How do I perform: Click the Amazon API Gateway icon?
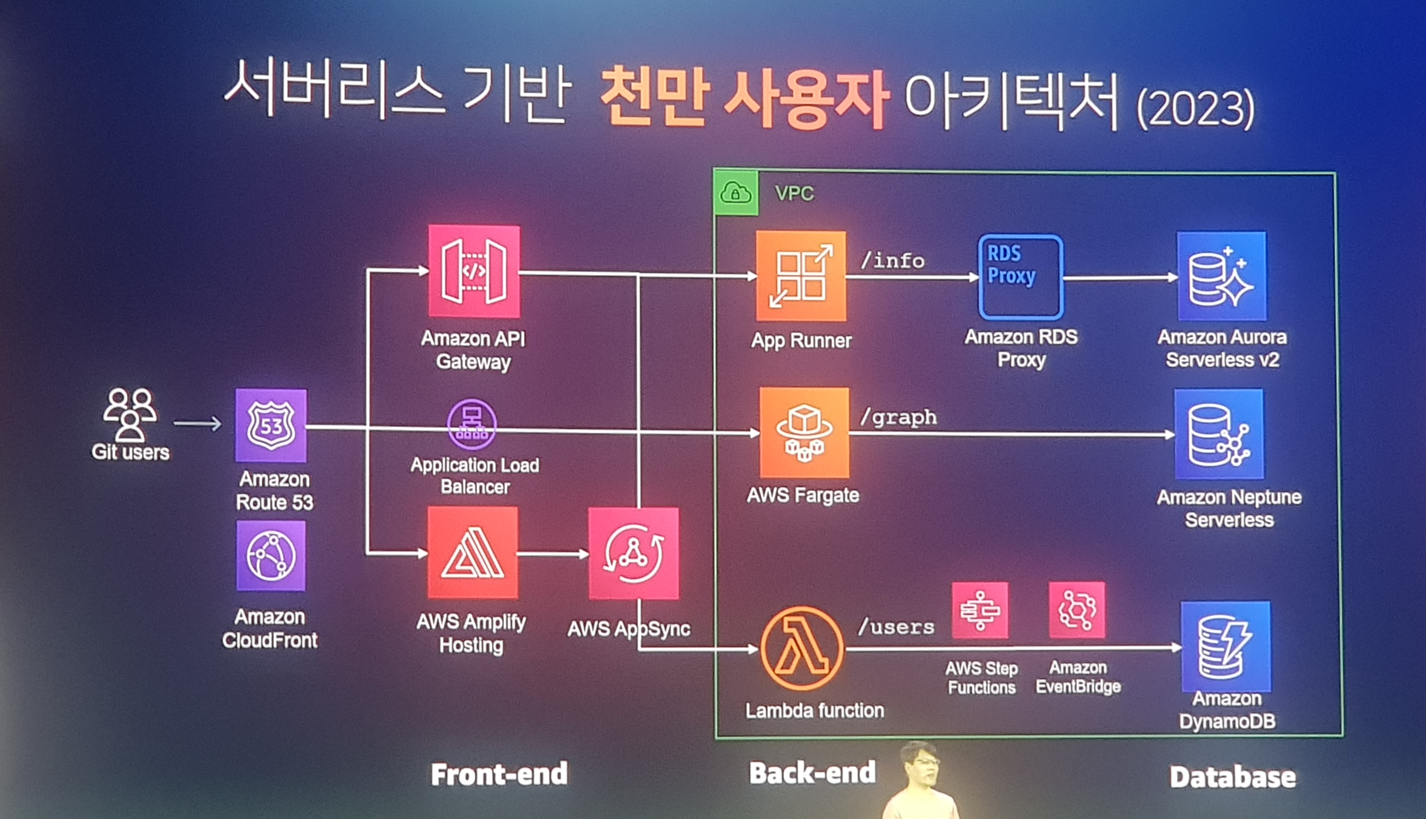coord(474,271)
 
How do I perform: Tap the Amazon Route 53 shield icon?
coord(271,425)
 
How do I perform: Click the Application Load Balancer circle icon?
coord(471,424)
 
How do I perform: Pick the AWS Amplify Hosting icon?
coord(472,553)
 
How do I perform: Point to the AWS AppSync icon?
coord(633,554)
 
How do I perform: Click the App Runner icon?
coord(801,276)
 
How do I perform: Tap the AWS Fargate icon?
coord(804,433)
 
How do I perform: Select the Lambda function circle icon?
coord(802,648)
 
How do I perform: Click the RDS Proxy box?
coord(1020,277)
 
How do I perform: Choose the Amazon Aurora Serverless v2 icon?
coord(1221,276)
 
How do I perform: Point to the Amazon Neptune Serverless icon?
coord(1218,434)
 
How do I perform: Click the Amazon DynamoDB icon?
coord(1225,647)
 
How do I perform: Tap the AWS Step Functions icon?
coord(979,610)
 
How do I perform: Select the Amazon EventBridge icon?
coord(1076,610)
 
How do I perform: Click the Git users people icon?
coord(130,415)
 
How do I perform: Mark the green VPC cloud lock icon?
coord(736,193)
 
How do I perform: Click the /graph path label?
coord(898,417)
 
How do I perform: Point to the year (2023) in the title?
coord(1195,108)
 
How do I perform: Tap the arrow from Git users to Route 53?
coord(198,423)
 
